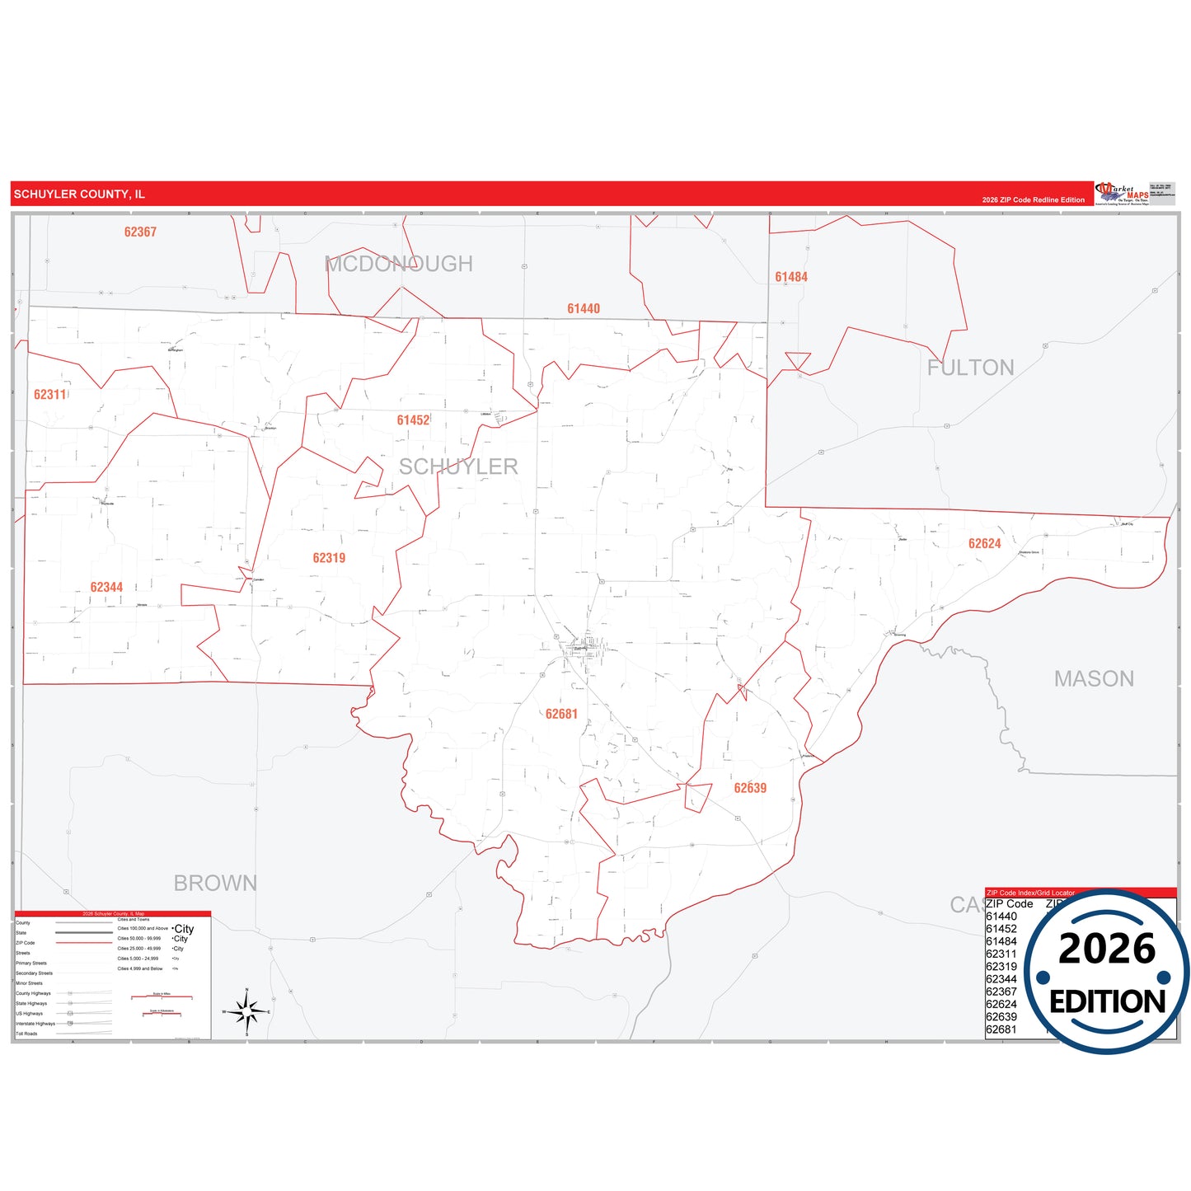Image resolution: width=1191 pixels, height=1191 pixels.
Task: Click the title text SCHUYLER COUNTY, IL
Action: click(x=79, y=195)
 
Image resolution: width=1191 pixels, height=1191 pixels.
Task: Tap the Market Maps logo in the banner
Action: click(x=1122, y=195)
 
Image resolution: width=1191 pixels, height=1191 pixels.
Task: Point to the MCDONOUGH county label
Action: click(x=399, y=264)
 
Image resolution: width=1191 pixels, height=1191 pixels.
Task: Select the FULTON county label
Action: click(x=970, y=368)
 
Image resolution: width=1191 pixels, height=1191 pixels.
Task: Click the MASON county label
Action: click(x=1094, y=678)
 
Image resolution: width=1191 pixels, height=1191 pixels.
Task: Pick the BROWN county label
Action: click(x=215, y=883)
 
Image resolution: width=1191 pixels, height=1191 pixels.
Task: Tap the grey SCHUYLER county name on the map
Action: click(x=458, y=467)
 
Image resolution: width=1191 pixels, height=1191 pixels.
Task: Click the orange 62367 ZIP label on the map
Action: click(x=140, y=232)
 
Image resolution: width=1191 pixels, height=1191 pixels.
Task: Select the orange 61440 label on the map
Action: click(x=584, y=309)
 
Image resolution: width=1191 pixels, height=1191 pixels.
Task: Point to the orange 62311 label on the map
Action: click(x=50, y=395)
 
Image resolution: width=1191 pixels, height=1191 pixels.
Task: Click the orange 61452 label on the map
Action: click(x=413, y=420)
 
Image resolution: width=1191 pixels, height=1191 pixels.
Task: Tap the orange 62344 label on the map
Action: click(x=106, y=588)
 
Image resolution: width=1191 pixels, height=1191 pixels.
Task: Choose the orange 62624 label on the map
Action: click(x=984, y=544)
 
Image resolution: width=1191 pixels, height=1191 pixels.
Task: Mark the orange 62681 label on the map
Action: click(x=561, y=715)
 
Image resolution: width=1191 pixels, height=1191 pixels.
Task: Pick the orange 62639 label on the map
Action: click(x=750, y=789)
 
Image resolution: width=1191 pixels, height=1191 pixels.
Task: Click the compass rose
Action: click(x=247, y=1010)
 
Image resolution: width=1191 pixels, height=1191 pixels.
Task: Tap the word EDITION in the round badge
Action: click(x=1107, y=1002)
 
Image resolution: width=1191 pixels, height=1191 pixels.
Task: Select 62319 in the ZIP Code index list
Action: click(x=1001, y=967)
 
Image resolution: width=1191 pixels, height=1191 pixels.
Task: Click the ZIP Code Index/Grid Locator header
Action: click(x=1030, y=893)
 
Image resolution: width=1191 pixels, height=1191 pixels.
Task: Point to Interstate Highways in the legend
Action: click(x=35, y=1024)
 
